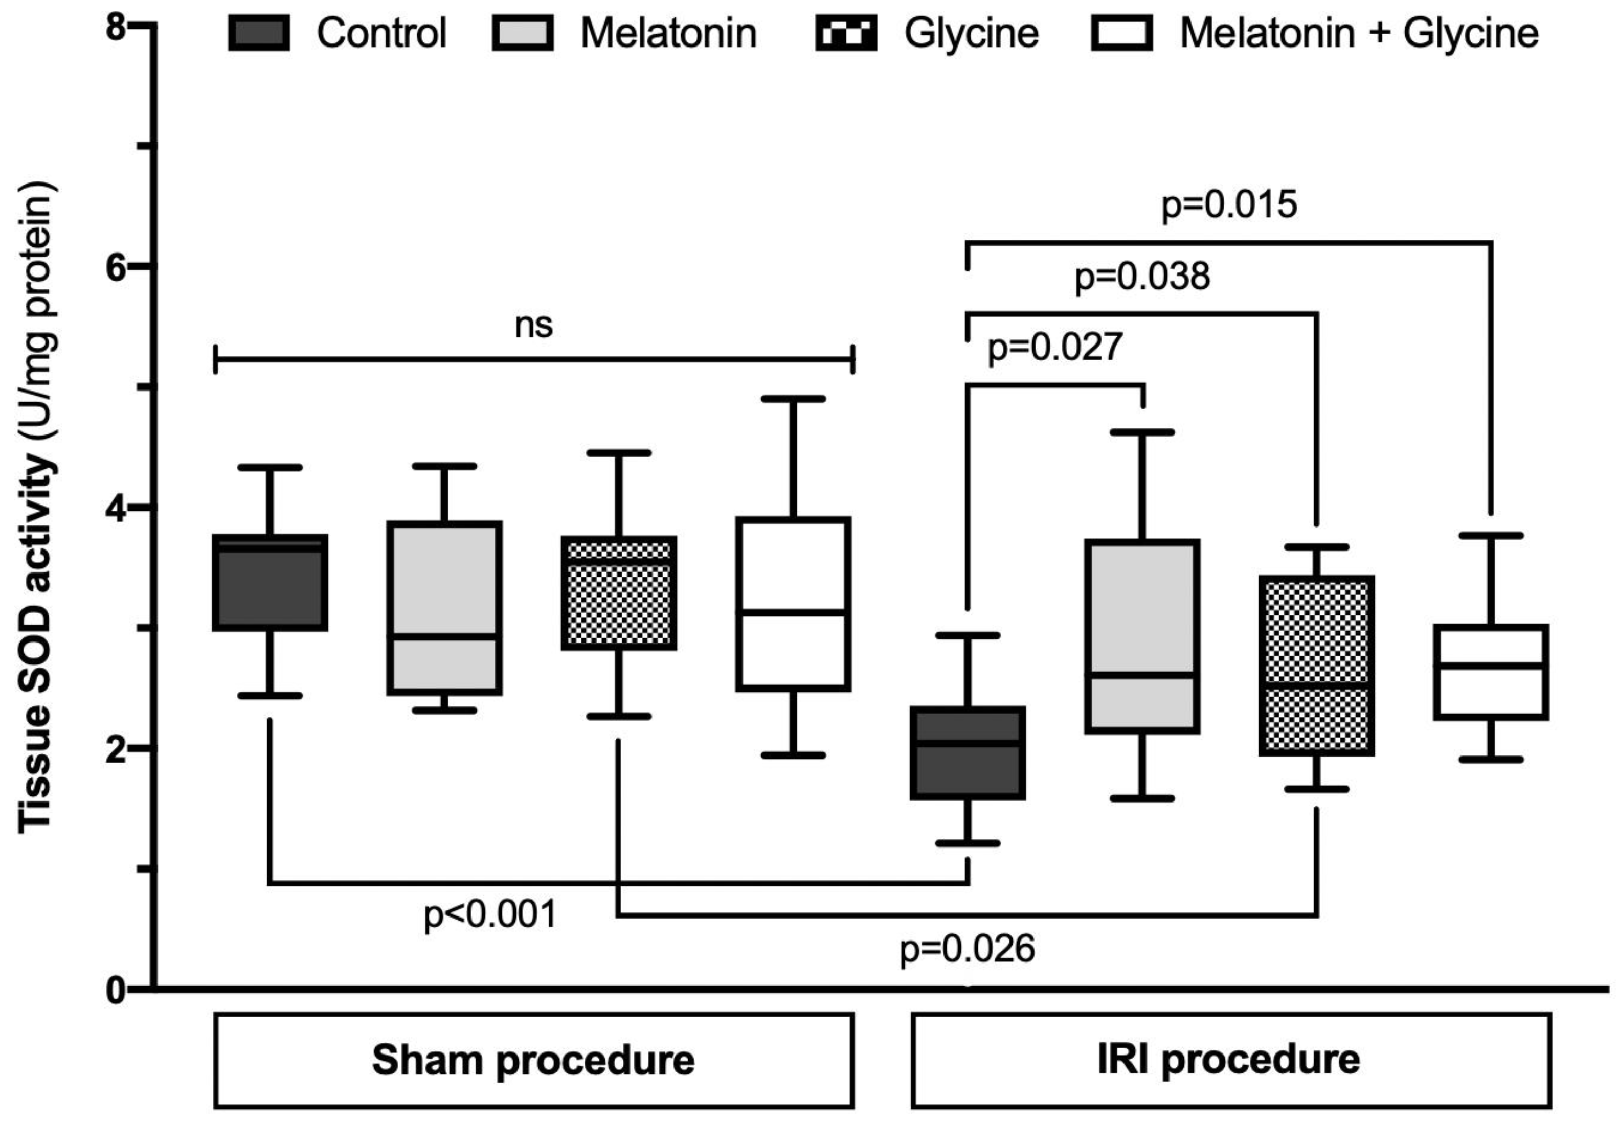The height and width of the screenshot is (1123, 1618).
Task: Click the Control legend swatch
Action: (258, 34)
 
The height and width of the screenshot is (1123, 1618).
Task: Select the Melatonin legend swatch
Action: (522, 34)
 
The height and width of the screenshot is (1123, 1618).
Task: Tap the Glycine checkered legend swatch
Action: (845, 34)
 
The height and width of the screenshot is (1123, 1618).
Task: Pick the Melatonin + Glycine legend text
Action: (1358, 34)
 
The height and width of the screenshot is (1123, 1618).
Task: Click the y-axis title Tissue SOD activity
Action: (37, 507)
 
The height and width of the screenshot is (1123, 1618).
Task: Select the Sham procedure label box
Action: (533, 1060)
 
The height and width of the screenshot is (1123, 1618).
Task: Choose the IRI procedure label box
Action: (1230, 1060)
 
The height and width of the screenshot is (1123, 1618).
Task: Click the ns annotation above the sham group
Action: (533, 325)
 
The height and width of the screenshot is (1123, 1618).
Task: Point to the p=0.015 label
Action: (1229, 205)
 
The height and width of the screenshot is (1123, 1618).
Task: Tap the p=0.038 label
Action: (1141, 277)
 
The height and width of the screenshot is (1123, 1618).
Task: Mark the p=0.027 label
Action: (1054, 348)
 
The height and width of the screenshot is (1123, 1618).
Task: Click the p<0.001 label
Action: (490, 915)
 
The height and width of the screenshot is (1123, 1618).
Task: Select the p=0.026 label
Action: (967, 949)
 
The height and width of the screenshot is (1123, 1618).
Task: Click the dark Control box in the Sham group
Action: (270, 583)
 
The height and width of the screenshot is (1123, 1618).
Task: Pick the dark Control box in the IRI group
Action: (968, 753)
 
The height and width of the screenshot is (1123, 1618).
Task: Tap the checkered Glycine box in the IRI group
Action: (1316, 666)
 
